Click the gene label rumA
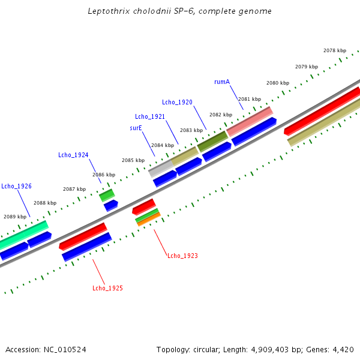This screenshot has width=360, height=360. [222, 82]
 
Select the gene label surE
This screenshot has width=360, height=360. [136, 128]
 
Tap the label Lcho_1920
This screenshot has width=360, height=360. [177, 102]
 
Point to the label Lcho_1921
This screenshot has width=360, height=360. [150, 116]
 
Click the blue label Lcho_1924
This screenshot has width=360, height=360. [73, 155]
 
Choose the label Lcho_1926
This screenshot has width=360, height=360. [16, 186]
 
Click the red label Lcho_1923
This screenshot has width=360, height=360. [182, 256]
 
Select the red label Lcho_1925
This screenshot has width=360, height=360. [107, 289]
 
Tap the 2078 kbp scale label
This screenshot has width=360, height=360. [335, 50]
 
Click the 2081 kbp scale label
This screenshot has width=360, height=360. [250, 99]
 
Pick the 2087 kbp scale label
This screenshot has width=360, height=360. [74, 189]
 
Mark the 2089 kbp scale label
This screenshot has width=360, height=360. [15, 217]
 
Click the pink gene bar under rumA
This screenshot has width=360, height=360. [250, 121]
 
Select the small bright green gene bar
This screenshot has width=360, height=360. [107, 194]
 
